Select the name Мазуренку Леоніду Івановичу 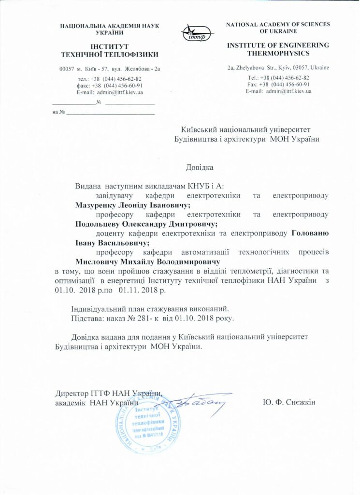tap(127, 205)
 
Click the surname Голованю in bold tap(311, 233)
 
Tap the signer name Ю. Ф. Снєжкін tap(289, 403)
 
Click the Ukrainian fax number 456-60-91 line tap(110, 85)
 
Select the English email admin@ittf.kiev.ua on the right tap(278, 91)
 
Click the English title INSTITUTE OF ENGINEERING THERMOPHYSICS tap(278, 49)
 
